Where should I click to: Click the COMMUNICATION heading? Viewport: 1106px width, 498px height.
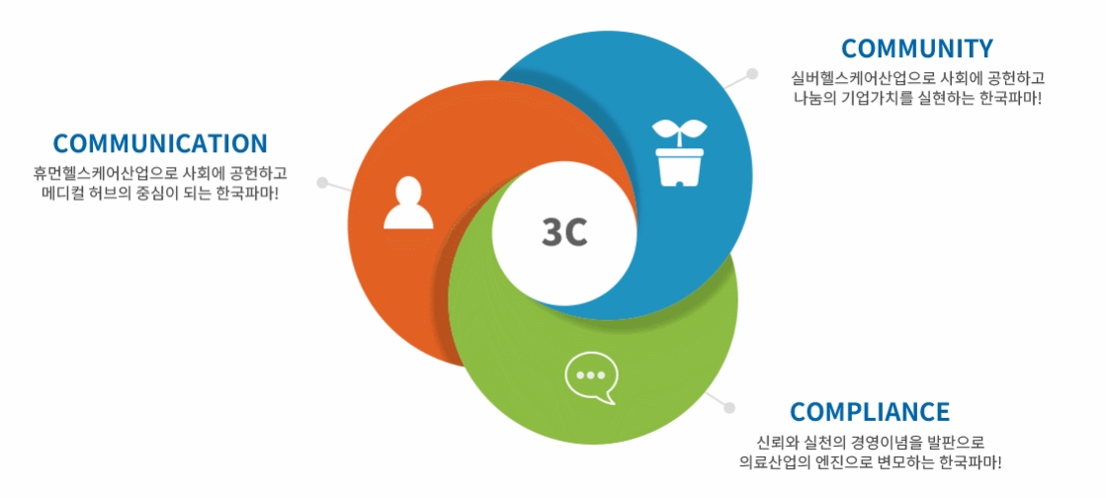click(160, 144)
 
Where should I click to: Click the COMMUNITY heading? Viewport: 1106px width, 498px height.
click(916, 48)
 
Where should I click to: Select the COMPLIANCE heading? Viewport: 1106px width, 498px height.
click(870, 411)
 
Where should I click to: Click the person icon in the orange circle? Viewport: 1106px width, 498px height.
click(408, 204)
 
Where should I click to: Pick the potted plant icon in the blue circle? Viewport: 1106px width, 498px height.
click(680, 153)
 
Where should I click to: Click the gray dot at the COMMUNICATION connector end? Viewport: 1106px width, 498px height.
click(322, 183)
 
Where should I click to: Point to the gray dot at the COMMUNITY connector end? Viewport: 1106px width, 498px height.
click(752, 73)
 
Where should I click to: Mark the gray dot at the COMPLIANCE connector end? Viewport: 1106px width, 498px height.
click(729, 407)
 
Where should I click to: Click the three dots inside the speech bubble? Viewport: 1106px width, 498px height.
click(591, 375)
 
